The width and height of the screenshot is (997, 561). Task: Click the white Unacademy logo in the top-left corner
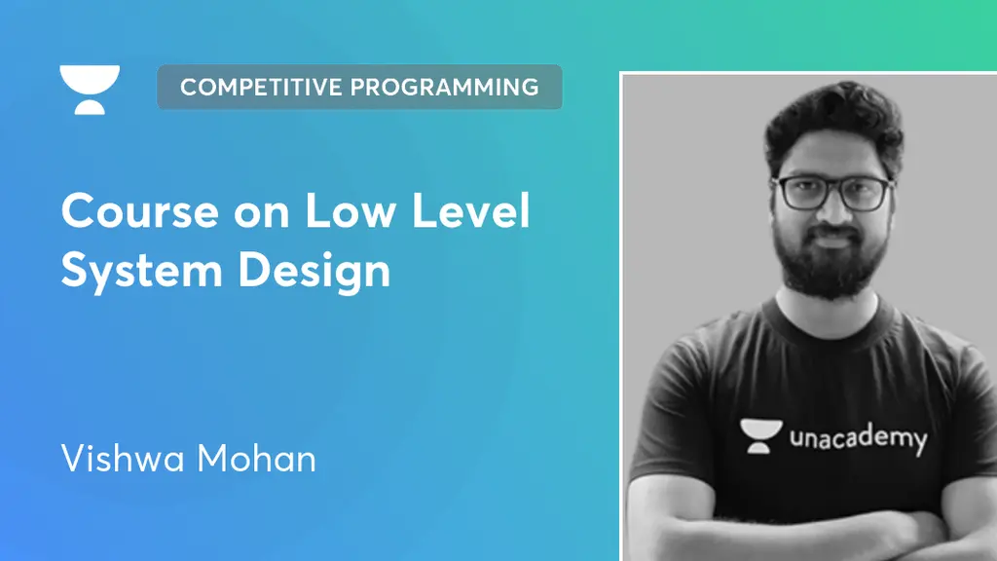[x=90, y=89]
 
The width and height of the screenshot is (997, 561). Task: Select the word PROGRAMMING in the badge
[x=445, y=87]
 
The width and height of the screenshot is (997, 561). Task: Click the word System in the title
[x=136, y=270]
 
